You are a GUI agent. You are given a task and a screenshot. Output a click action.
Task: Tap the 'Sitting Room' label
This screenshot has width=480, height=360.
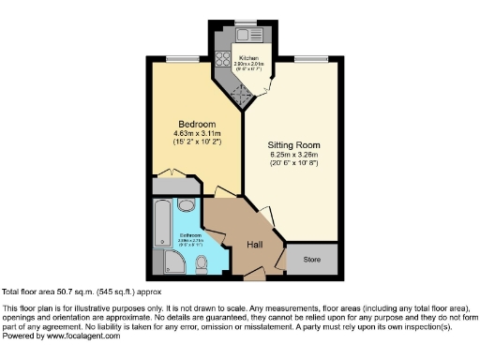pyautogui.click(x=295, y=145)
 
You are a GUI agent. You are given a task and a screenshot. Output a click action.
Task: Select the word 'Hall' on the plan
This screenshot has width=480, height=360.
pyautogui.click(x=254, y=245)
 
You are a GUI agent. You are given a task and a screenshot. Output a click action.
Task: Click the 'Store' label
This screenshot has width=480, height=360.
pyautogui.click(x=311, y=259)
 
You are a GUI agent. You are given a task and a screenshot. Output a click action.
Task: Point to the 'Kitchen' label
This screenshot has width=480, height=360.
pyautogui.click(x=247, y=57)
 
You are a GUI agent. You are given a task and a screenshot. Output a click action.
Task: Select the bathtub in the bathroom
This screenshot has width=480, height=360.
pyautogui.click(x=158, y=221)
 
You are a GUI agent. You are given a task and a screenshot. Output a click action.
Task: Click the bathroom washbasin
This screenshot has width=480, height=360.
pyautogui.click(x=186, y=205)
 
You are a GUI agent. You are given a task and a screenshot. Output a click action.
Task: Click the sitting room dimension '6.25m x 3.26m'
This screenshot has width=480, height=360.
pyautogui.click(x=295, y=157)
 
